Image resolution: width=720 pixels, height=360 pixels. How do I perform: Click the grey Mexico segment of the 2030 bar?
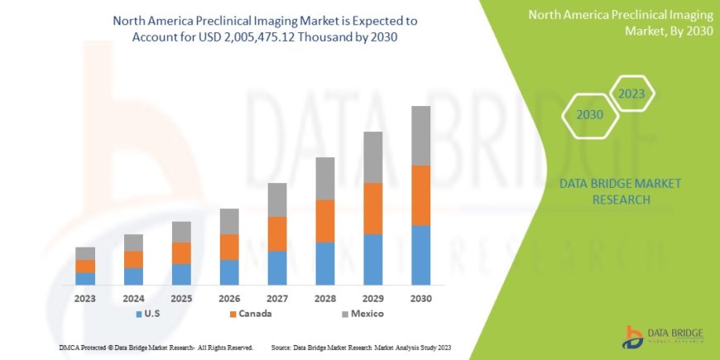(421, 136)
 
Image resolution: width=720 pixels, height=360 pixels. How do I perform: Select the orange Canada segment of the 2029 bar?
(373, 209)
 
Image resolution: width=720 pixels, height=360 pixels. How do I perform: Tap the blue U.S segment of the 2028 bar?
(325, 263)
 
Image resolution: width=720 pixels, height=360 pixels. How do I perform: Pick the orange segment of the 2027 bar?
(277, 234)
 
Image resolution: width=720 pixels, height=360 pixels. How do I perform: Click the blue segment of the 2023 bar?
(85, 279)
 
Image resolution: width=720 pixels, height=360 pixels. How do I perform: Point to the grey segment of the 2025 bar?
(181, 232)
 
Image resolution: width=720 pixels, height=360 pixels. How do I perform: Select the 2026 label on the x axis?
(229, 298)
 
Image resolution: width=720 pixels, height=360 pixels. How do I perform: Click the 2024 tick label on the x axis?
(133, 298)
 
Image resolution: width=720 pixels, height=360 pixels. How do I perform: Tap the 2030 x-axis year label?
(421, 298)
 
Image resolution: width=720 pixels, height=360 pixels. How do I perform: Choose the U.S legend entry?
(147, 314)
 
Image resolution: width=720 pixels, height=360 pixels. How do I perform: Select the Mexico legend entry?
(362, 314)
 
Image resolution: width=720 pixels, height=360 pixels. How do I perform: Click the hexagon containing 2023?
(631, 94)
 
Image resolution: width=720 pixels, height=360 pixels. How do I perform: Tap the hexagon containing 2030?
(589, 115)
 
